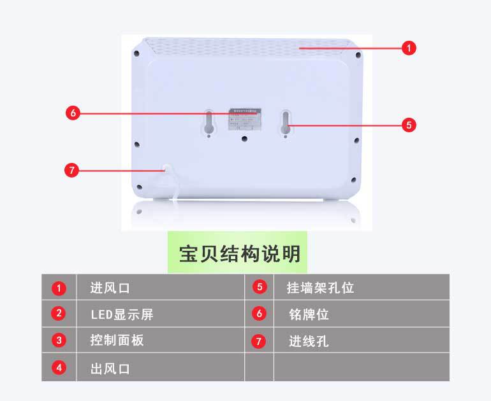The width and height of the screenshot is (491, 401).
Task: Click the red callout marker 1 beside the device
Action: [x=409, y=48]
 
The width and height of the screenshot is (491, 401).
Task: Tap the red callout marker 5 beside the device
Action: [x=409, y=125]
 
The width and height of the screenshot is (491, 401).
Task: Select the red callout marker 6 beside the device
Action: [x=72, y=113]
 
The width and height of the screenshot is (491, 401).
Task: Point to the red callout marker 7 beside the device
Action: [x=72, y=170]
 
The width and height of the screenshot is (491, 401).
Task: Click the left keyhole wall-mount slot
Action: [x=209, y=123]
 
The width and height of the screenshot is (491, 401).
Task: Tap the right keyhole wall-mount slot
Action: [x=286, y=123]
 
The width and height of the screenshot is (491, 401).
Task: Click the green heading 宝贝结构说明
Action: [x=239, y=254]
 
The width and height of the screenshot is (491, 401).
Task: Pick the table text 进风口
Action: [x=110, y=288]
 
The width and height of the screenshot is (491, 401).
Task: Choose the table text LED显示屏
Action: [x=122, y=314]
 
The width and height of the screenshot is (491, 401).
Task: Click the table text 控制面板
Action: [x=117, y=340]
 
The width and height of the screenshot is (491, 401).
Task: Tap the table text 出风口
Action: [x=110, y=368]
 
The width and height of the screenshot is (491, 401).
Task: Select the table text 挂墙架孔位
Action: [x=320, y=288]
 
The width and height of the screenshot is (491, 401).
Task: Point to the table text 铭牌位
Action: [x=309, y=314]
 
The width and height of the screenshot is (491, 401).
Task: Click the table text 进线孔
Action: [x=309, y=341]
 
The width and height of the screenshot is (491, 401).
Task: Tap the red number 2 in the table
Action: [x=59, y=313]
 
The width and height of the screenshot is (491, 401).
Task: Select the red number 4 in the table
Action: [x=59, y=367]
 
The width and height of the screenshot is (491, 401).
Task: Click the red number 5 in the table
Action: [x=258, y=286]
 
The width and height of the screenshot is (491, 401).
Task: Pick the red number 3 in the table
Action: [x=59, y=340]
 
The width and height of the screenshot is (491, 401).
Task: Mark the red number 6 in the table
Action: [x=258, y=313]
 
